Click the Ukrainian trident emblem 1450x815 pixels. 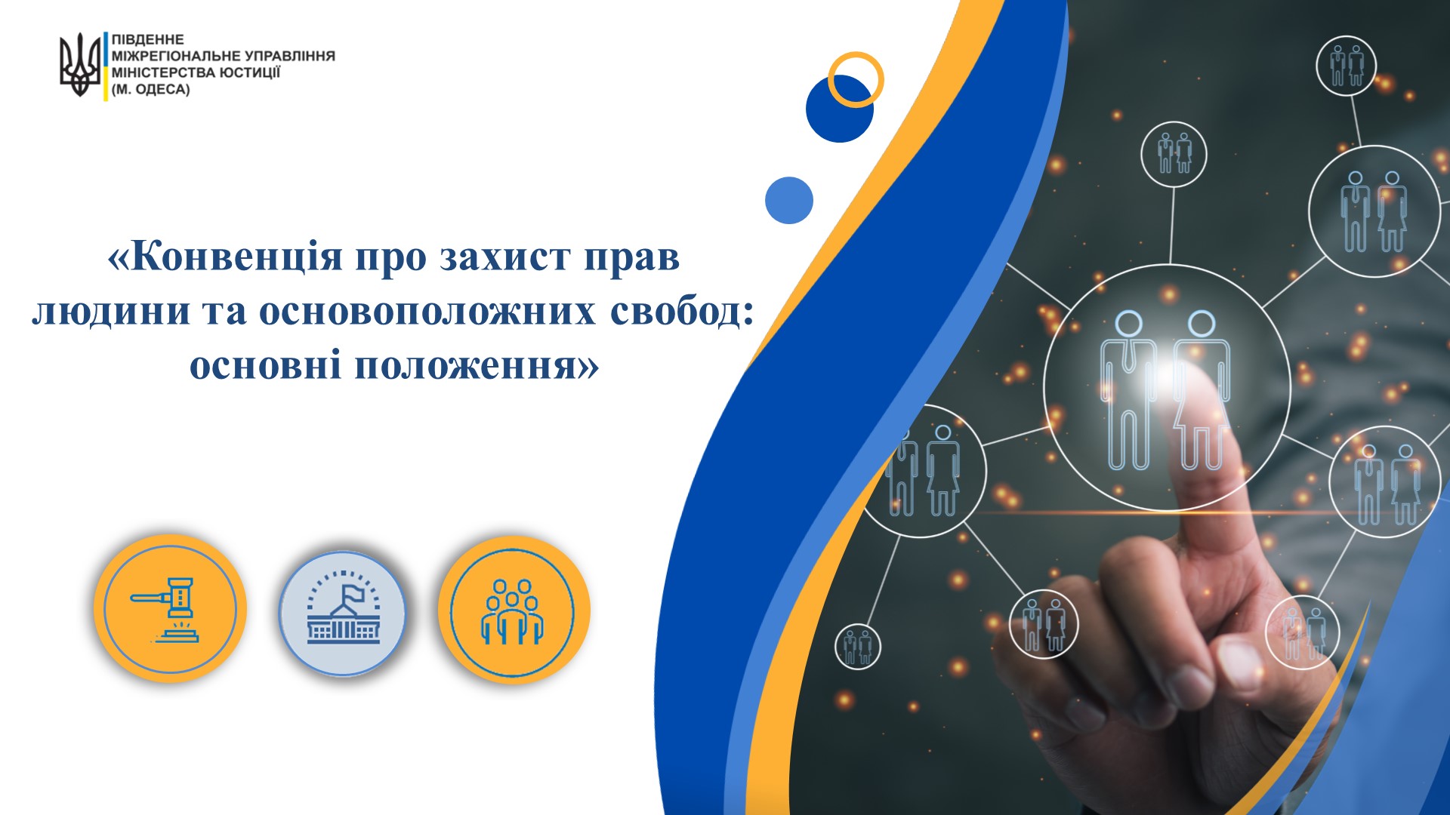click(x=79, y=65)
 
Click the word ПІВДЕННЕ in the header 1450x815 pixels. click(x=148, y=39)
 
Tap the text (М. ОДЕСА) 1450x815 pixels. click(x=151, y=89)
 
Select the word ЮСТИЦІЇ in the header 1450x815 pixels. click(x=250, y=72)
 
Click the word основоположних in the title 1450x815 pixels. click(x=427, y=312)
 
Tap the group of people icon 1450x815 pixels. click(x=512, y=612)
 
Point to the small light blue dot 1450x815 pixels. click(x=788, y=200)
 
